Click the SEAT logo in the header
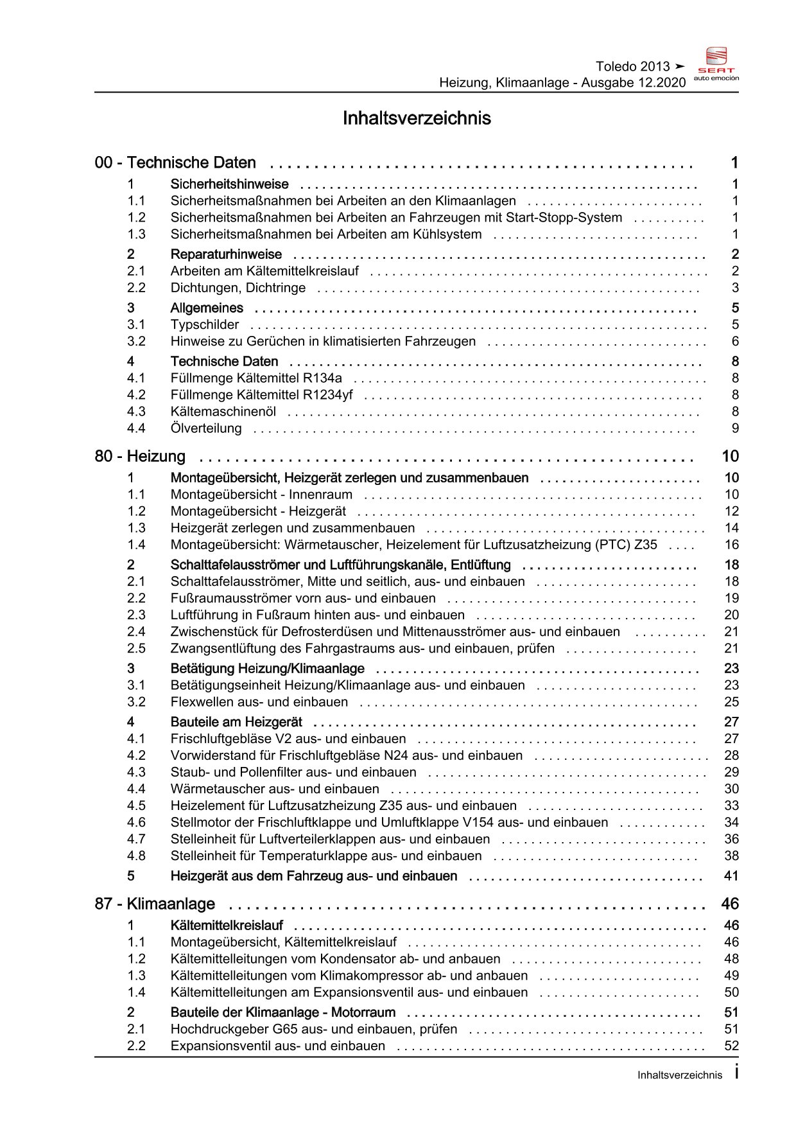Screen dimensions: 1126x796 716,64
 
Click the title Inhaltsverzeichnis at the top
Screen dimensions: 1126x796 417,118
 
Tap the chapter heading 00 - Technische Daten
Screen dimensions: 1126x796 175,163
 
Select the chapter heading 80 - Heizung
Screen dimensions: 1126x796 140,456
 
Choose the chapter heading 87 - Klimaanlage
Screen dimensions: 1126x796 155,904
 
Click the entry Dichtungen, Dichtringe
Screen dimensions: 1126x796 238,288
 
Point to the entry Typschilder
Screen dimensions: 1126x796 205,324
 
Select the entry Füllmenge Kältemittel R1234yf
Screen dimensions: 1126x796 262,394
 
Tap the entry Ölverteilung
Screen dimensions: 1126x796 206,428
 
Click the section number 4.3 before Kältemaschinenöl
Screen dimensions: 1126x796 136,411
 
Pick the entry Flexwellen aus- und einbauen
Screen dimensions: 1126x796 259,701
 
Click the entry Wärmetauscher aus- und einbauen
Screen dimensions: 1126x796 275,789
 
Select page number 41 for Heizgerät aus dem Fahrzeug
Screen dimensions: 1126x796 731,875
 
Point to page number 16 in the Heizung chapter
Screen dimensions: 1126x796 731,545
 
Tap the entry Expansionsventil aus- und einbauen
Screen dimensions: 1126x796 278,1046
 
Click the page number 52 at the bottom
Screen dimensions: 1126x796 731,1046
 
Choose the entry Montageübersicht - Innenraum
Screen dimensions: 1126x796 261,495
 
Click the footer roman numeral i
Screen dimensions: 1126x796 736,1072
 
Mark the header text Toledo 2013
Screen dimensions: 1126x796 632,66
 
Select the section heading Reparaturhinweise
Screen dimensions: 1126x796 226,254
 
